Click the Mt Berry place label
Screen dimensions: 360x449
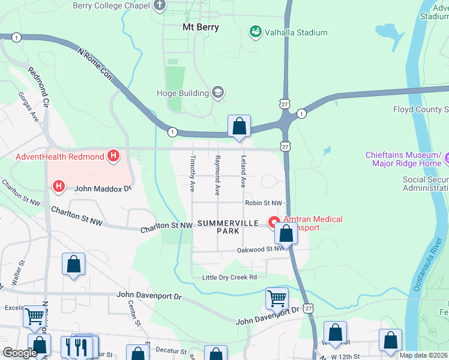200,27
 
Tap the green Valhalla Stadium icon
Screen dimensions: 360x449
256,32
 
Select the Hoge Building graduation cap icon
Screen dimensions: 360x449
217,93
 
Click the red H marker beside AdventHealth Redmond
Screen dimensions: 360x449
113,157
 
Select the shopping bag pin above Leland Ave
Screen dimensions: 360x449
239,127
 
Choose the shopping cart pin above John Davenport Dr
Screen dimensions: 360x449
277,298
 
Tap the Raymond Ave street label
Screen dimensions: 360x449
217,175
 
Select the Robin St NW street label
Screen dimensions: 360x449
263,203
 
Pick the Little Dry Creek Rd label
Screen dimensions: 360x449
229,277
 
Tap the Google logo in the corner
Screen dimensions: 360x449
20,353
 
